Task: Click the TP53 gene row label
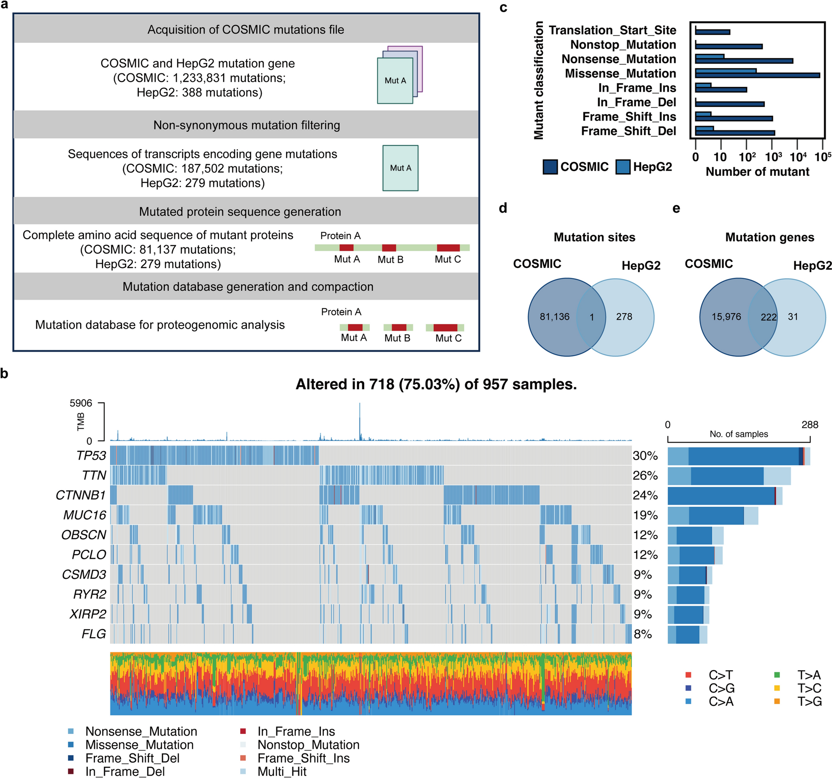[x=91, y=455]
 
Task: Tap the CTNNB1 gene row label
[x=81, y=495]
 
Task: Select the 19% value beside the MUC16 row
[x=645, y=515]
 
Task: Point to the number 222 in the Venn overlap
[x=768, y=317]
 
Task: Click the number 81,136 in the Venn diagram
[x=554, y=317]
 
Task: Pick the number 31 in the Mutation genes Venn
[x=793, y=317]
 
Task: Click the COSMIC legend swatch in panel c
[x=550, y=167]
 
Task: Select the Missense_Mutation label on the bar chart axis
[x=620, y=73]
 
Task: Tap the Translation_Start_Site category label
[x=612, y=30]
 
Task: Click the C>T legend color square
[x=688, y=675]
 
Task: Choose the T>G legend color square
[x=777, y=701]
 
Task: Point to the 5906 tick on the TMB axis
[x=81, y=403]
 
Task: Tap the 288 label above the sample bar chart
[x=810, y=424]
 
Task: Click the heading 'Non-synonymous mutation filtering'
[x=247, y=125]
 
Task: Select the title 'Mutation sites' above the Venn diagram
[x=594, y=237]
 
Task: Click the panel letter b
[x=4, y=374]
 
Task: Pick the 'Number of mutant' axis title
[x=757, y=172]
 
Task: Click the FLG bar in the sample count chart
[x=687, y=635]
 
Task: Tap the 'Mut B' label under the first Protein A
[x=391, y=259]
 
